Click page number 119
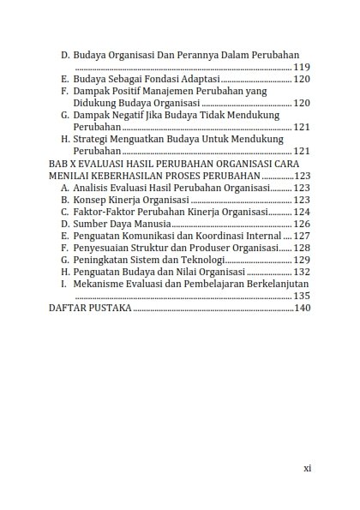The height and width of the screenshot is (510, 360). tap(302, 66)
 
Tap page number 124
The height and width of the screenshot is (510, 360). tap(302, 211)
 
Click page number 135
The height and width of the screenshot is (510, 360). tap(302, 295)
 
